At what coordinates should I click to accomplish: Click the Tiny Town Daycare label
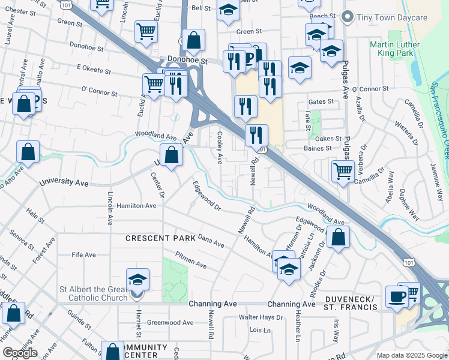[x=392, y=17]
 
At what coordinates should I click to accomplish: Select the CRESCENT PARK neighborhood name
[x=160, y=239]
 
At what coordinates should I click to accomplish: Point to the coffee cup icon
[x=396, y=297]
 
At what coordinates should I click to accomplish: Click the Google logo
[x=20, y=353]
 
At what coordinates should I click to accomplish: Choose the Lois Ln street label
[x=260, y=330]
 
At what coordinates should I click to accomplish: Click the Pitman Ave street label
[x=191, y=260]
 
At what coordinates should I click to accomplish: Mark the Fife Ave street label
[x=83, y=254]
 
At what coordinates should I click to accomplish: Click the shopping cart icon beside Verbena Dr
[x=343, y=171]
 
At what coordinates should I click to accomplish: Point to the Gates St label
[x=320, y=102]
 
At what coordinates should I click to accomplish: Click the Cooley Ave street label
[x=220, y=148]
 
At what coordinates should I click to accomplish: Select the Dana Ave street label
[x=211, y=241]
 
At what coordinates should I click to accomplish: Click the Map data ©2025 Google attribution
[x=412, y=355]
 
